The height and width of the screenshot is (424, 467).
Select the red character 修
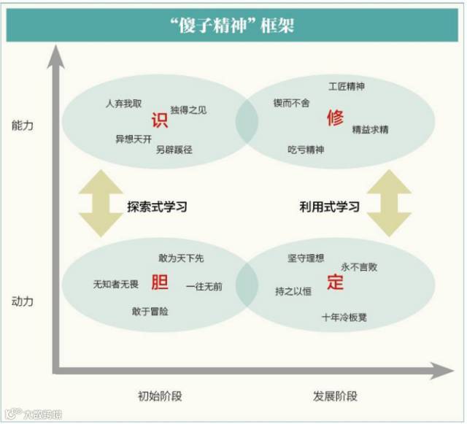coord(335,117)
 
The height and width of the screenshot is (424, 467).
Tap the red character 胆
coord(160,282)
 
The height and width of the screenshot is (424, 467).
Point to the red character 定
coord(335,282)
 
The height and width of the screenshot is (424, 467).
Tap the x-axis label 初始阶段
coord(159,396)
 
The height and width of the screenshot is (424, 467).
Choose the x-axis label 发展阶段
coord(335,396)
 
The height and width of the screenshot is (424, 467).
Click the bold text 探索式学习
coord(157,207)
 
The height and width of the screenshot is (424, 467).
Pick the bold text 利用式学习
coord(329,207)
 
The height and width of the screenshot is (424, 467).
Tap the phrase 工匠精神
coord(347,87)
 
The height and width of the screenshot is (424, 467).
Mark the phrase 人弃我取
coord(123,103)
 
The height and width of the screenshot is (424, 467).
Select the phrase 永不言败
coord(359,267)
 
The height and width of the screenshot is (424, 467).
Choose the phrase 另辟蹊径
coord(174,150)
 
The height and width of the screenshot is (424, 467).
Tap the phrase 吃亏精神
coord(305,150)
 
